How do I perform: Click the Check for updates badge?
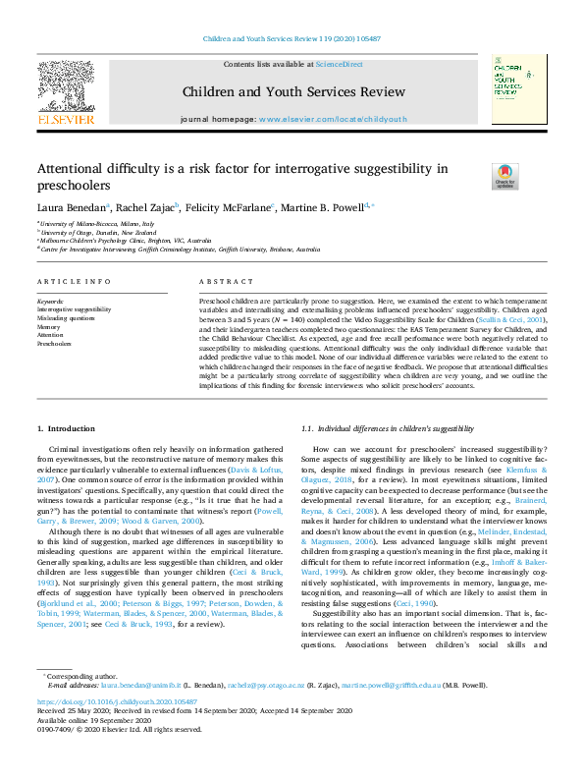(477, 176)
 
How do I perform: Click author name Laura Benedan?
(72, 207)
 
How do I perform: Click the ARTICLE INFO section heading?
(74, 282)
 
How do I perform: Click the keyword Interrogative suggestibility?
(75, 308)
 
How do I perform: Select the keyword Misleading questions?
(67, 317)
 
